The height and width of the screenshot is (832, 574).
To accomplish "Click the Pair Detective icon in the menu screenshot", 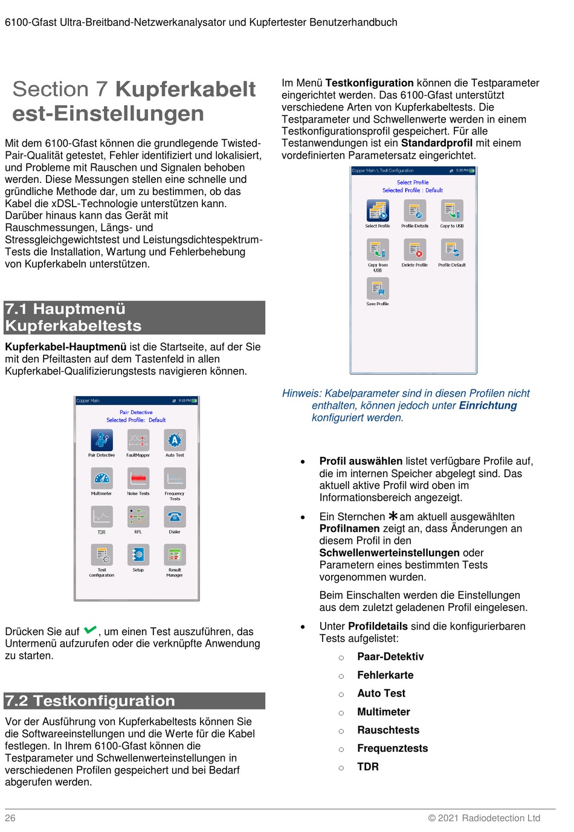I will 102,440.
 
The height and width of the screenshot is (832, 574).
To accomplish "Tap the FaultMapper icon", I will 138,440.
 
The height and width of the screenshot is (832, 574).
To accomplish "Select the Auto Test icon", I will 175,440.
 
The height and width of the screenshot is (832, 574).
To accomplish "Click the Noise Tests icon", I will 138,478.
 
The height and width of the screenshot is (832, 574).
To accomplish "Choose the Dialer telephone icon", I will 175,517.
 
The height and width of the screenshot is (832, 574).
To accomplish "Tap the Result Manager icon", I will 175,555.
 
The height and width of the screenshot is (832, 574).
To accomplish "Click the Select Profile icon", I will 378,211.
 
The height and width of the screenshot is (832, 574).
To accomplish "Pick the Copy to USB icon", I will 452,211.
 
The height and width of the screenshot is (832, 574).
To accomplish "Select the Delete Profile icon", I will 414,249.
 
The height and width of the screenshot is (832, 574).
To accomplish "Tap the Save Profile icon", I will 378,288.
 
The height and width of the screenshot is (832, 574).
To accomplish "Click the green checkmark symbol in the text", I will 91,630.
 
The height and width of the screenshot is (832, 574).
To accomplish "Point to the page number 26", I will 10,818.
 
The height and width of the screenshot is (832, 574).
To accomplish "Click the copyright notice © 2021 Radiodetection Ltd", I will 484,818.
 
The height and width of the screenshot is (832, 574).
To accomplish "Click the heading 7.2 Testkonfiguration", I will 90,701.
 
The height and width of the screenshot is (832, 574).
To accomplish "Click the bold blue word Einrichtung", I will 488,406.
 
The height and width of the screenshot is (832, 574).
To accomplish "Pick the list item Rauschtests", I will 388,730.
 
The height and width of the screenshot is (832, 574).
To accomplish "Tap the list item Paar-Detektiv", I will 390,657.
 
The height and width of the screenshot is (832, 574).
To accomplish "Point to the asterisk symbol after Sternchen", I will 393,516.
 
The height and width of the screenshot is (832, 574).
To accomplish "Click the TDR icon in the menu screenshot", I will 102,517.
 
